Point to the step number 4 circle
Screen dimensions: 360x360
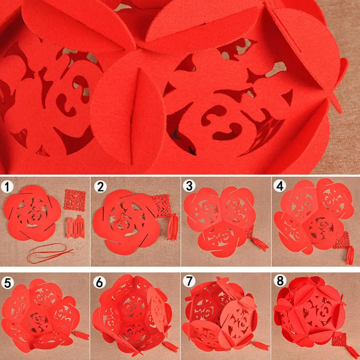(280, 187)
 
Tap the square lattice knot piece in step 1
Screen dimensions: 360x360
(75, 200)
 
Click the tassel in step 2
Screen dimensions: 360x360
(171, 227)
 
